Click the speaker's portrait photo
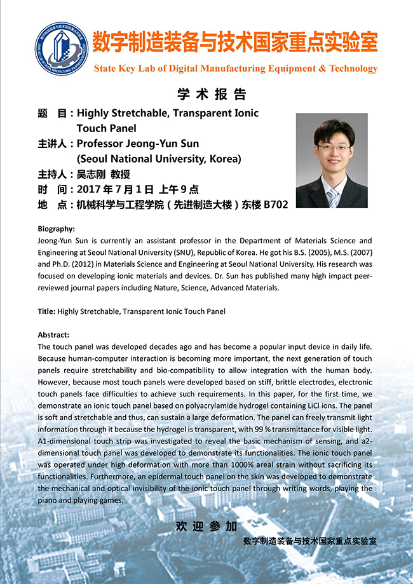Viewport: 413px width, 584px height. [x=332, y=161]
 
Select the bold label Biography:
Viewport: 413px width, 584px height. [x=56, y=229]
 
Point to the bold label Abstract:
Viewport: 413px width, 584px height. [x=53, y=334]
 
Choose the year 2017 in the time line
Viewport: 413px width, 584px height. [x=90, y=189]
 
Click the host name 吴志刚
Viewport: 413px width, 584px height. [x=93, y=174]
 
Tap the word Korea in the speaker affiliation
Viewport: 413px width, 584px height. [x=222, y=159]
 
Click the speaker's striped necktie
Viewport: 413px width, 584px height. [x=332, y=198]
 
